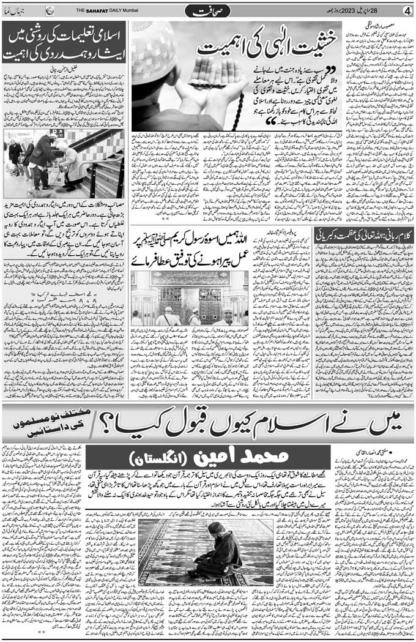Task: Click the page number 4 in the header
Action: pyautogui.click(x=406, y=10)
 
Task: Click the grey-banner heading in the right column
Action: pyautogui.click(x=363, y=235)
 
